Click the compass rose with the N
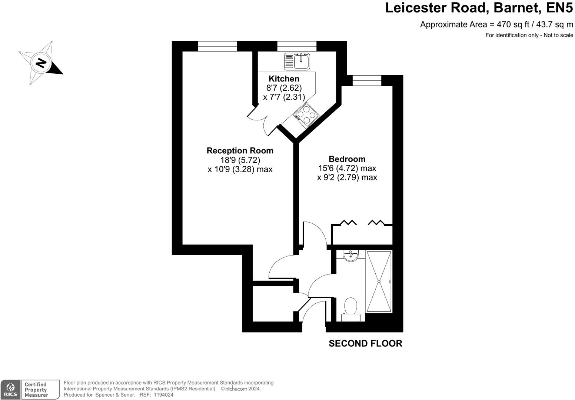click(x=40, y=63)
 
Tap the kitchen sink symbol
click(x=297, y=61)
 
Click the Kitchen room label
click(x=284, y=79)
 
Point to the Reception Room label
click(x=240, y=151)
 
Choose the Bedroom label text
click(x=347, y=159)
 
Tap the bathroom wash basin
click(x=350, y=255)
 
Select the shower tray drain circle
click(x=379, y=281)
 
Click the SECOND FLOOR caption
click(x=365, y=344)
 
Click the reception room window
click(x=217, y=46)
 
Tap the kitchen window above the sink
click(x=297, y=46)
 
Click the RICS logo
click(x=10, y=390)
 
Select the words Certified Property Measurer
click(x=36, y=390)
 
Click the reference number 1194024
click(x=163, y=395)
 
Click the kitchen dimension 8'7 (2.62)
click(x=284, y=88)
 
